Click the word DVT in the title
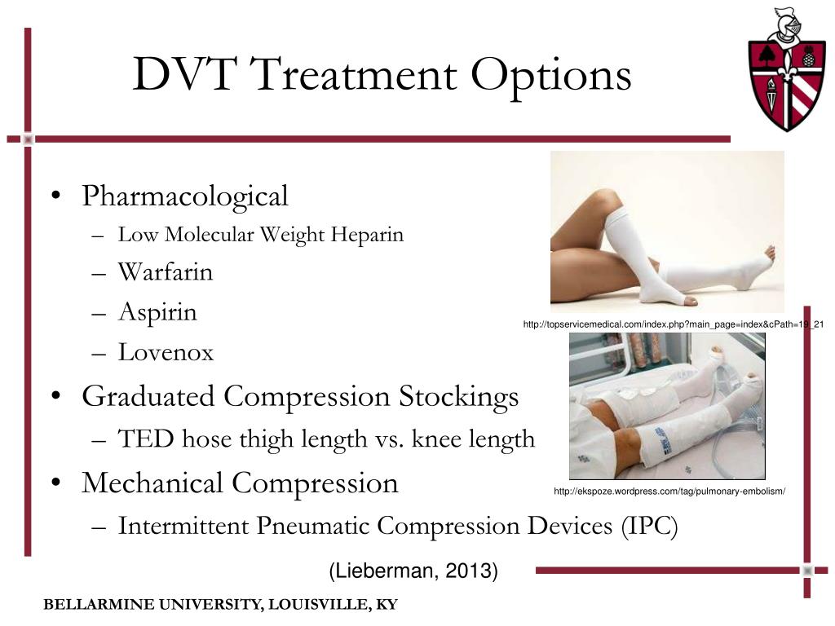pos(184,73)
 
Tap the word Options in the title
pos(551,77)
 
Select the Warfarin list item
pos(165,272)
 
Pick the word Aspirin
pos(157,312)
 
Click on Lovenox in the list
pos(166,352)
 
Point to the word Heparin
pos(367,235)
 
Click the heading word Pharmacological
pos(185,197)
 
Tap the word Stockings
pos(459,397)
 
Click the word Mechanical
pos(152,483)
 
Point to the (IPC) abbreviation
pos(649,527)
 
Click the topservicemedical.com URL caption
pos(674,324)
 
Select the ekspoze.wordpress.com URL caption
pos(669,492)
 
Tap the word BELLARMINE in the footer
pos(99,605)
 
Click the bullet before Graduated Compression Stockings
pos(56,397)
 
